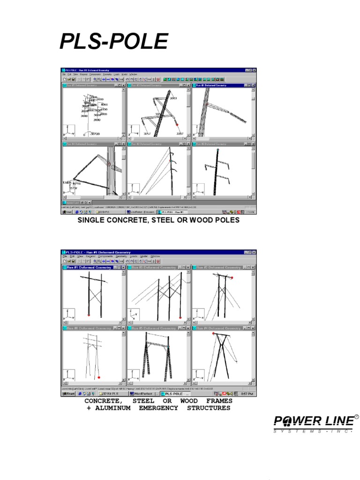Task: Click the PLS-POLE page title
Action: point(113,42)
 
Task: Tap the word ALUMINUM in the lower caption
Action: point(112,408)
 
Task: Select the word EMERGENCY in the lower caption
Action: point(158,408)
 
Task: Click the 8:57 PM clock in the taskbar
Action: point(247,394)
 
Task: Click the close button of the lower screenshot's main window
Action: point(255,252)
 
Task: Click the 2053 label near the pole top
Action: point(172,98)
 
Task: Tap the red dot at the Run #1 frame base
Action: point(89,315)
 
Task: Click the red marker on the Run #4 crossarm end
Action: point(213,333)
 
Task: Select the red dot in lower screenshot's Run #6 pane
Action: point(99,378)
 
